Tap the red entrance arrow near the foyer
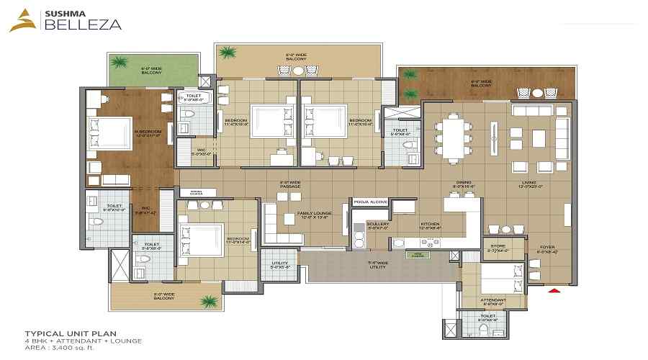[x=554, y=291]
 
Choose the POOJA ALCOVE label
[x=370, y=202]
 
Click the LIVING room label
[x=530, y=184]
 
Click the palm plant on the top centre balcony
[x=228, y=53]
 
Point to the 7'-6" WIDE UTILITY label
[x=377, y=264]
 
